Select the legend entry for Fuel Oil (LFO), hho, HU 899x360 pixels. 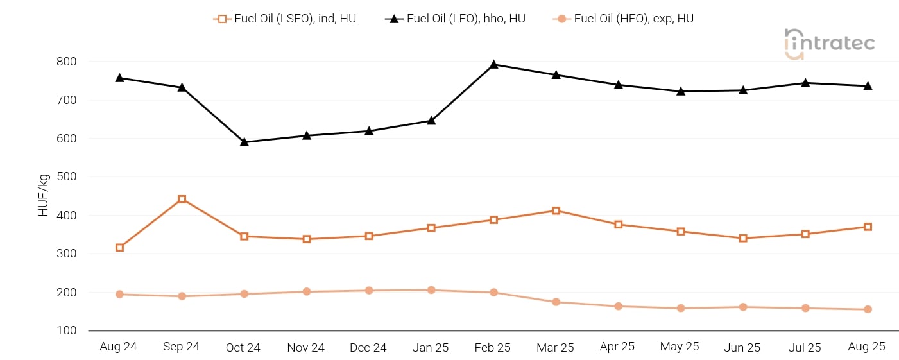click(455, 19)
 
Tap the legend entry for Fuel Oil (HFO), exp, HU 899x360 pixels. click(623, 19)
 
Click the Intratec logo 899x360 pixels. click(829, 44)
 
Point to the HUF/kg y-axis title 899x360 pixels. click(44, 196)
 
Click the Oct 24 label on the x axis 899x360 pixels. click(243, 348)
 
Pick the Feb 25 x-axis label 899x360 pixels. click(492, 348)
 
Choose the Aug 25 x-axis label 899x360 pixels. click(866, 347)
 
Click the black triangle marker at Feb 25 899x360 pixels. click(493, 64)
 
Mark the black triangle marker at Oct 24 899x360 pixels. click(244, 142)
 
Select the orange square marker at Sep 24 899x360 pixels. click(182, 200)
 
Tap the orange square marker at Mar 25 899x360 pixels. click(556, 210)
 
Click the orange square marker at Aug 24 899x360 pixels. click(119, 248)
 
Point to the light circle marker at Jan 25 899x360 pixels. click(431, 290)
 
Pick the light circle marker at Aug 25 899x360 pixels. click(868, 309)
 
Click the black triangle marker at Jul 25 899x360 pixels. click(805, 83)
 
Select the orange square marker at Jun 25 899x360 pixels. click(743, 238)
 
